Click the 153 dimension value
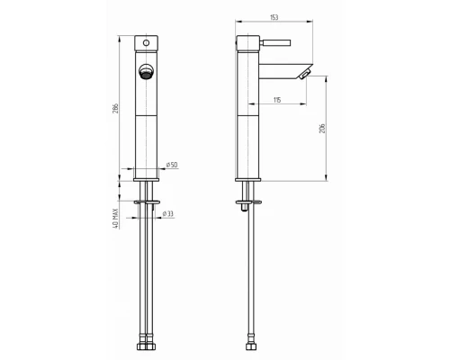[274, 17]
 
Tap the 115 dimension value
[277, 100]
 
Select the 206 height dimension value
[322, 129]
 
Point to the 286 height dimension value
[115, 108]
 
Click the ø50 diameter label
[172, 165]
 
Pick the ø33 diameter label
[168, 214]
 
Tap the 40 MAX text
[115, 219]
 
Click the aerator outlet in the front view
[146, 72]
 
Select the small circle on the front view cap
[146, 43]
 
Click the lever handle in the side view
[275, 42]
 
